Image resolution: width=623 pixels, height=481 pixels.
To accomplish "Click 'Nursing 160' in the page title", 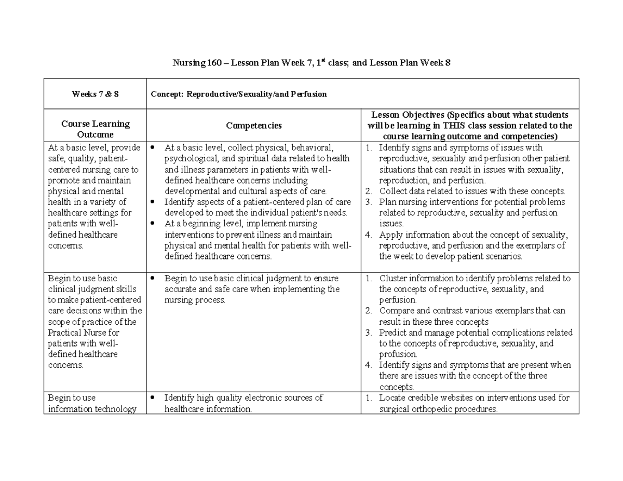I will pos(193,63).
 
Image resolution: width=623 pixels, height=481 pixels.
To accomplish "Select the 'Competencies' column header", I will pos(254,126).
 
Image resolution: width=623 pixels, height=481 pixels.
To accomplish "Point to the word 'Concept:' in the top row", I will pos(167,94).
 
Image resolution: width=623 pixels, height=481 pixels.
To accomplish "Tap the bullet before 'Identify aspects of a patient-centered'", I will pos(152,202).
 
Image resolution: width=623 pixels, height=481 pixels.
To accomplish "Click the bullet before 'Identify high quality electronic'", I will pos(152,398).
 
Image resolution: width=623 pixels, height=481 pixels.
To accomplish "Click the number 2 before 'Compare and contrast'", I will pos(368,311).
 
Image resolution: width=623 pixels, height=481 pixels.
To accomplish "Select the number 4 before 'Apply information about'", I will pos(368,235).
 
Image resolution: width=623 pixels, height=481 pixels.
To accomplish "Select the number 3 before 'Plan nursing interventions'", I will pos(368,202).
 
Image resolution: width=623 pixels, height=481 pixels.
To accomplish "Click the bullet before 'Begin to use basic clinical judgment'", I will pos(152,278).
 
